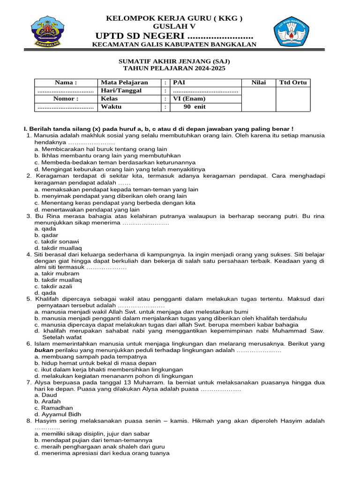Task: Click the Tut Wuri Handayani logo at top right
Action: click(x=294, y=30)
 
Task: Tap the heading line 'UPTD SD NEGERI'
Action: click(x=173, y=37)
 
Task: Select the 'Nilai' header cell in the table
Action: click(x=258, y=82)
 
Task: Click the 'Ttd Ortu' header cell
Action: click(x=293, y=82)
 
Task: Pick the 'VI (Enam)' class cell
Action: click(x=189, y=99)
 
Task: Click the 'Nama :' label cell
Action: click(x=65, y=82)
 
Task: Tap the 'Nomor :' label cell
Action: click(x=65, y=99)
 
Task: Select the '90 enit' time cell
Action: click(x=194, y=107)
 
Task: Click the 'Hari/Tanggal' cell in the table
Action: click(x=121, y=90)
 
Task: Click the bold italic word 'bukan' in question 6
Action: click(x=45, y=350)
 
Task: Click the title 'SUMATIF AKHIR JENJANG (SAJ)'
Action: click(x=173, y=61)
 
